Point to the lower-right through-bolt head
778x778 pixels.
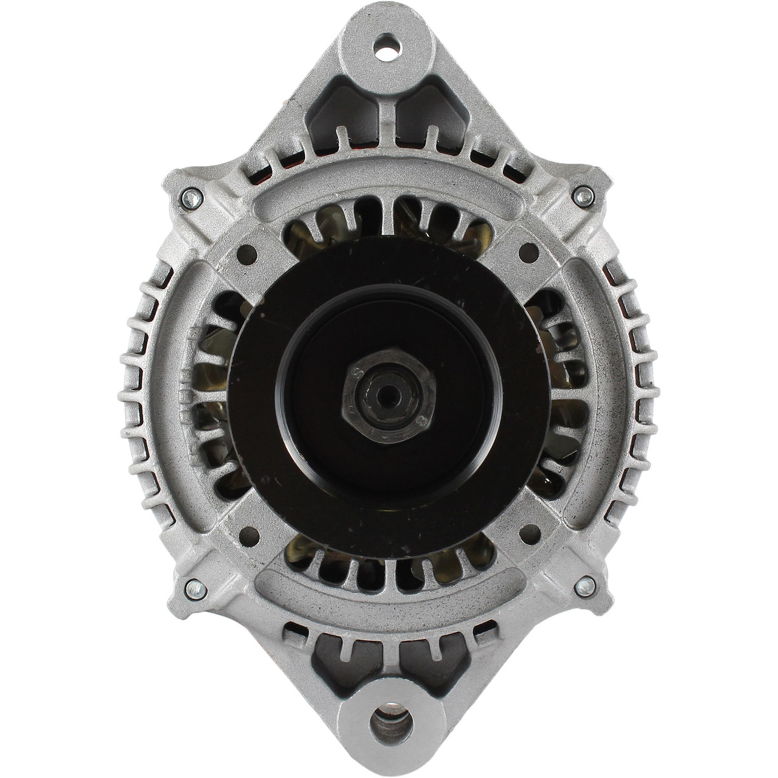[x=585, y=585]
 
